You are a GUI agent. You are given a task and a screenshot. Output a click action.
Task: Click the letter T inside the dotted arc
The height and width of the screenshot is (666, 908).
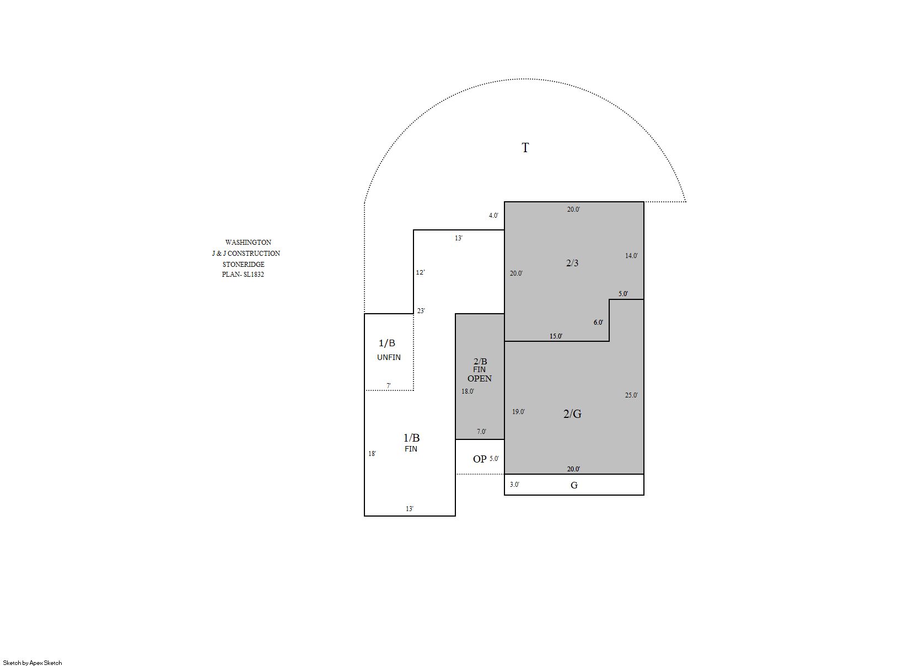tap(525, 148)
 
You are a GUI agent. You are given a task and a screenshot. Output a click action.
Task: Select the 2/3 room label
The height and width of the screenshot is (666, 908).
tap(572, 263)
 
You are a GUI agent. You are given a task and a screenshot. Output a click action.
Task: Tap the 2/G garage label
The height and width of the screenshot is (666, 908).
tap(572, 413)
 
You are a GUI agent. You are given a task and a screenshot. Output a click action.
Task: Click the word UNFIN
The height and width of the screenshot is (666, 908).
tap(389, 357)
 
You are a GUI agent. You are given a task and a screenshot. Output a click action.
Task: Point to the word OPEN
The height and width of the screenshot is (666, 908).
tap(480, 379)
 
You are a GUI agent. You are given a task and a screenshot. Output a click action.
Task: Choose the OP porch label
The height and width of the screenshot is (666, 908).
tap(480, 459)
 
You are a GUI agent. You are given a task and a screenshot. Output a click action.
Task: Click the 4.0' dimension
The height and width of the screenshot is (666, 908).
tap(493, 216)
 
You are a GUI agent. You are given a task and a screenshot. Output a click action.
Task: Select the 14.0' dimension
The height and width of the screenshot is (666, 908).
tap(631, 256)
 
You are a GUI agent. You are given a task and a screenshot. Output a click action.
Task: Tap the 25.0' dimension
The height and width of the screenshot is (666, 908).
tap(631, 395)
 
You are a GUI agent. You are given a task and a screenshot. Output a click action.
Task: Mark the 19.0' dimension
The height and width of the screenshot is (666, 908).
tap(518, 412)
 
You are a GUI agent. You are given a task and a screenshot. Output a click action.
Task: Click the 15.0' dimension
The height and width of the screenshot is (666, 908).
tap(556, 336)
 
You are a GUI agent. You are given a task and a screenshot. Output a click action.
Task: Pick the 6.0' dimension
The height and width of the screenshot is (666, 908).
tap(598, 323)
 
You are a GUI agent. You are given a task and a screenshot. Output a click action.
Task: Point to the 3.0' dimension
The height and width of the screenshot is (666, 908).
tap(514, 485)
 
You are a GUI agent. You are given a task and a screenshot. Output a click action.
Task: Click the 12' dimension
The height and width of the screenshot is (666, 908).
tap(420, 272)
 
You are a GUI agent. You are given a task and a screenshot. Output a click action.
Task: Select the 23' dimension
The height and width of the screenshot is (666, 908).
tap(421, 311)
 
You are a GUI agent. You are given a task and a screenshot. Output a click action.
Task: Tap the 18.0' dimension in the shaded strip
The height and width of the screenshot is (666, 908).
tap(468, 391)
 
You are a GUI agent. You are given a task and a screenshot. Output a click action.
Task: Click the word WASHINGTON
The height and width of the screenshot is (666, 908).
tap(248, 243)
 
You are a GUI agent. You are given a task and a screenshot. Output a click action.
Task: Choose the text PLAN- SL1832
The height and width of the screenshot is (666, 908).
tap(243, 275)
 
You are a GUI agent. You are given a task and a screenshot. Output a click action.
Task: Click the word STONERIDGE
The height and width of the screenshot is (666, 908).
tap(243, 264)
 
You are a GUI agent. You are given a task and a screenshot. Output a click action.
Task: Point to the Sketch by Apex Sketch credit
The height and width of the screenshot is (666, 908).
tap(33, 663)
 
